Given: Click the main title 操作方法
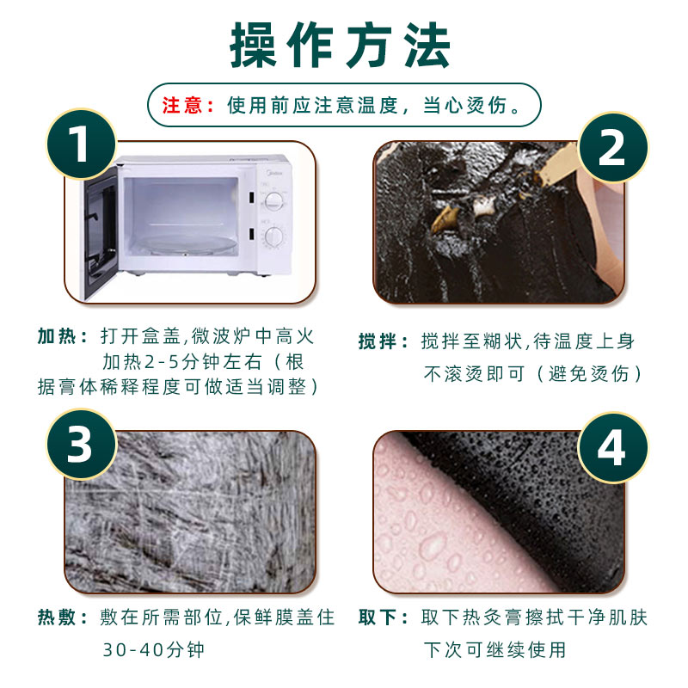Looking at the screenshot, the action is tap(341, 46).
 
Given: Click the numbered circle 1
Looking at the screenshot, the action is tap(81, 144).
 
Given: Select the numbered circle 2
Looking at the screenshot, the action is tap(612, 147).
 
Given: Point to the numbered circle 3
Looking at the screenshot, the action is tap(81, 444).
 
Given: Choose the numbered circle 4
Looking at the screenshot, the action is tap(612, 447).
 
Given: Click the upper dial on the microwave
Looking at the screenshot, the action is tap(274, 201).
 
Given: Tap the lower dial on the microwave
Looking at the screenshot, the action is tap(274, 237).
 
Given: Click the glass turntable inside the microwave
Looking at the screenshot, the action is tap(187, 244).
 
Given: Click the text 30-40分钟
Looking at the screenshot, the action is tap(154, 650).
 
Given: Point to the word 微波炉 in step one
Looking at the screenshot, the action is tap(221, 336).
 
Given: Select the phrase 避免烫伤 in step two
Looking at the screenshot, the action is tap(589, 374).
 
